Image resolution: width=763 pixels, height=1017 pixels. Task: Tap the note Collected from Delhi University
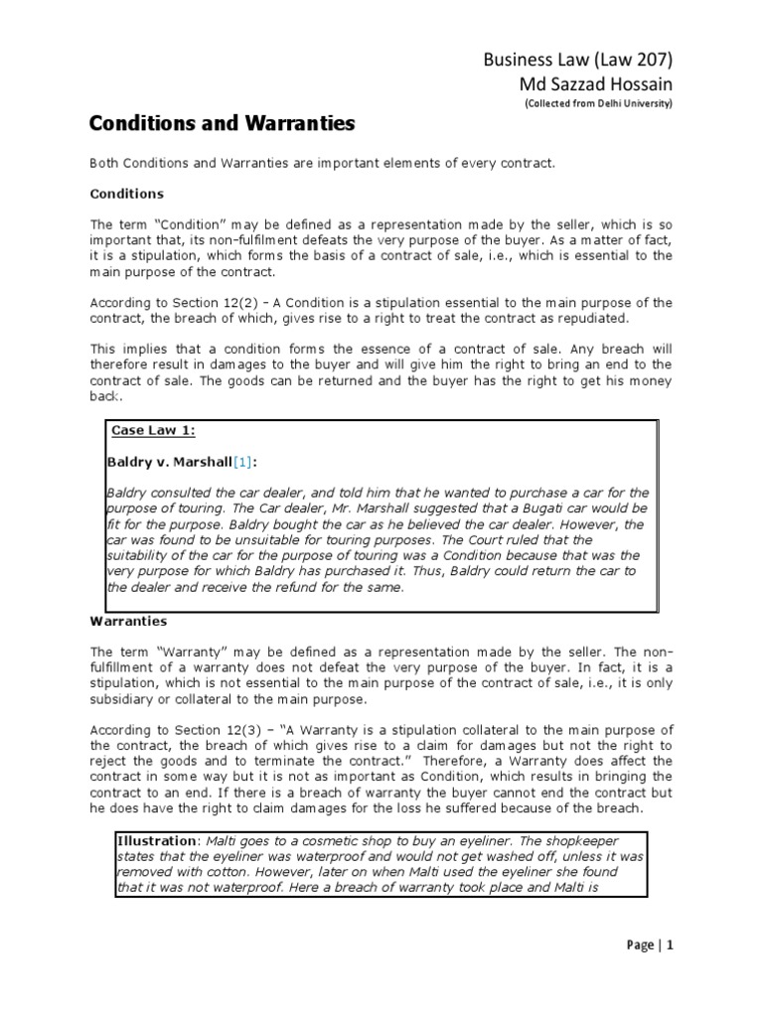pyautogui.click(x=598, y=105)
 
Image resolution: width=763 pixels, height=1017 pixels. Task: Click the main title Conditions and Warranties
pyautogui.click(x=222, y=125)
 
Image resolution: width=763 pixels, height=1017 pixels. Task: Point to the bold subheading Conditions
pyautogui.click(x=126, y=194)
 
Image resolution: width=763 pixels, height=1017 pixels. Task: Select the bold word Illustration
pyautogui.click(x=154, y=840)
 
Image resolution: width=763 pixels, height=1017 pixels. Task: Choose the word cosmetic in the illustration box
pyautogui.click(x=312, y=840)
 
